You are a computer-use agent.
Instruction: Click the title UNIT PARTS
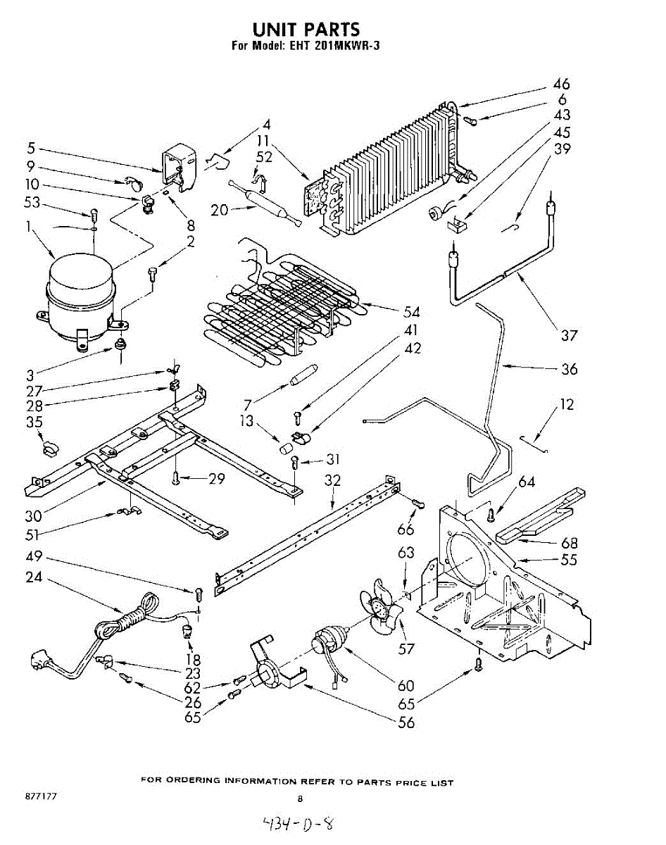click(x=306, y=29)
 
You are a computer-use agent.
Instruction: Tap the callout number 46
click(x=560, y=84)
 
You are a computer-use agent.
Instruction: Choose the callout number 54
click(x=411, y=312)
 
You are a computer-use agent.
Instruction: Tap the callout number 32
click(x=332, y=482)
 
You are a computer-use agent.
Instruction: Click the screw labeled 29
click(x=175, y=479)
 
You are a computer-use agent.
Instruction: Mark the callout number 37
click(x=569, y=335)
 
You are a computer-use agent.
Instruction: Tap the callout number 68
click(x=570, y=543)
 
